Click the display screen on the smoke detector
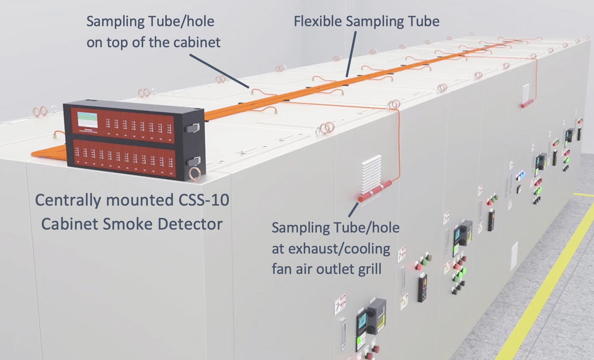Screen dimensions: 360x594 tap(88, 120)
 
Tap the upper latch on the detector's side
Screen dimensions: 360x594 tap(193, 128)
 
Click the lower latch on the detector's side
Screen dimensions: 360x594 tap(193, 161)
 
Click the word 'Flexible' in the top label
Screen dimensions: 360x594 tap(318, 21)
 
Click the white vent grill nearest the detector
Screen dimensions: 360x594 tap(372, 170)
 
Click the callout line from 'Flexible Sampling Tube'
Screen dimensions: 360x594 tap(351, 54)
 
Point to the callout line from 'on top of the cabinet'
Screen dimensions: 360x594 tap(219, 71)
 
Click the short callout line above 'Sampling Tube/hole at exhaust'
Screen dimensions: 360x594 tap(353, 210)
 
